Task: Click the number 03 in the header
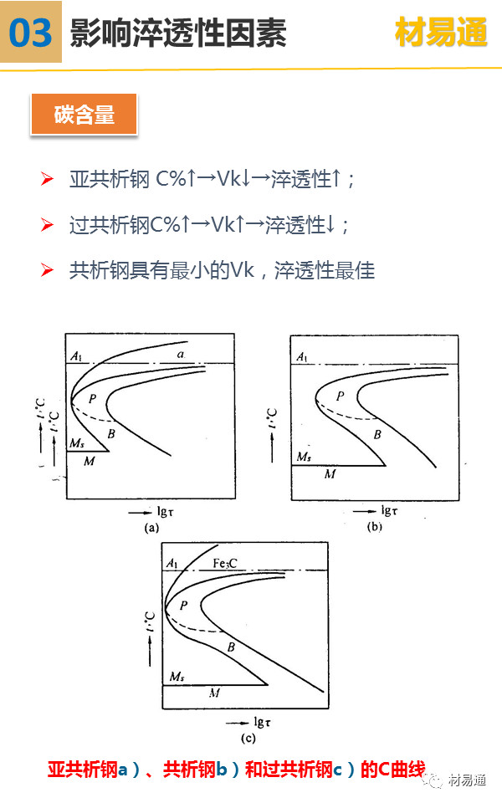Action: [x=31, y=33]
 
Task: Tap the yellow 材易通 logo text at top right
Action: [x=440, y=33]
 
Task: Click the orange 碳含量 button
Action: [x=84, y=115]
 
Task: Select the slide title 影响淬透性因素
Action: [x=178, y=33]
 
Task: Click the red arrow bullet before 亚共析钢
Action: [x=48, y=179]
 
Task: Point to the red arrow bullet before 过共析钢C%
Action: [x=48, y=224]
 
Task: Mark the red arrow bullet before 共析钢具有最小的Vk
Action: [x=48, y=270]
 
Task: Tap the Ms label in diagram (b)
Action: [x=305, y=457]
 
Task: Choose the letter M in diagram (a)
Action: [x=90, y=460]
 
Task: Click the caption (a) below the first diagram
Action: [x=151, y=528]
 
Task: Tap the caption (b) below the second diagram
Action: [x=376, y=527]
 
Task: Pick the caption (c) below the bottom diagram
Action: [x=248, y=738]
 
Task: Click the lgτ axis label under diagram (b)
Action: [x=389, y=509]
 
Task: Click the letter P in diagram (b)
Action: [x=340, y=396]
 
